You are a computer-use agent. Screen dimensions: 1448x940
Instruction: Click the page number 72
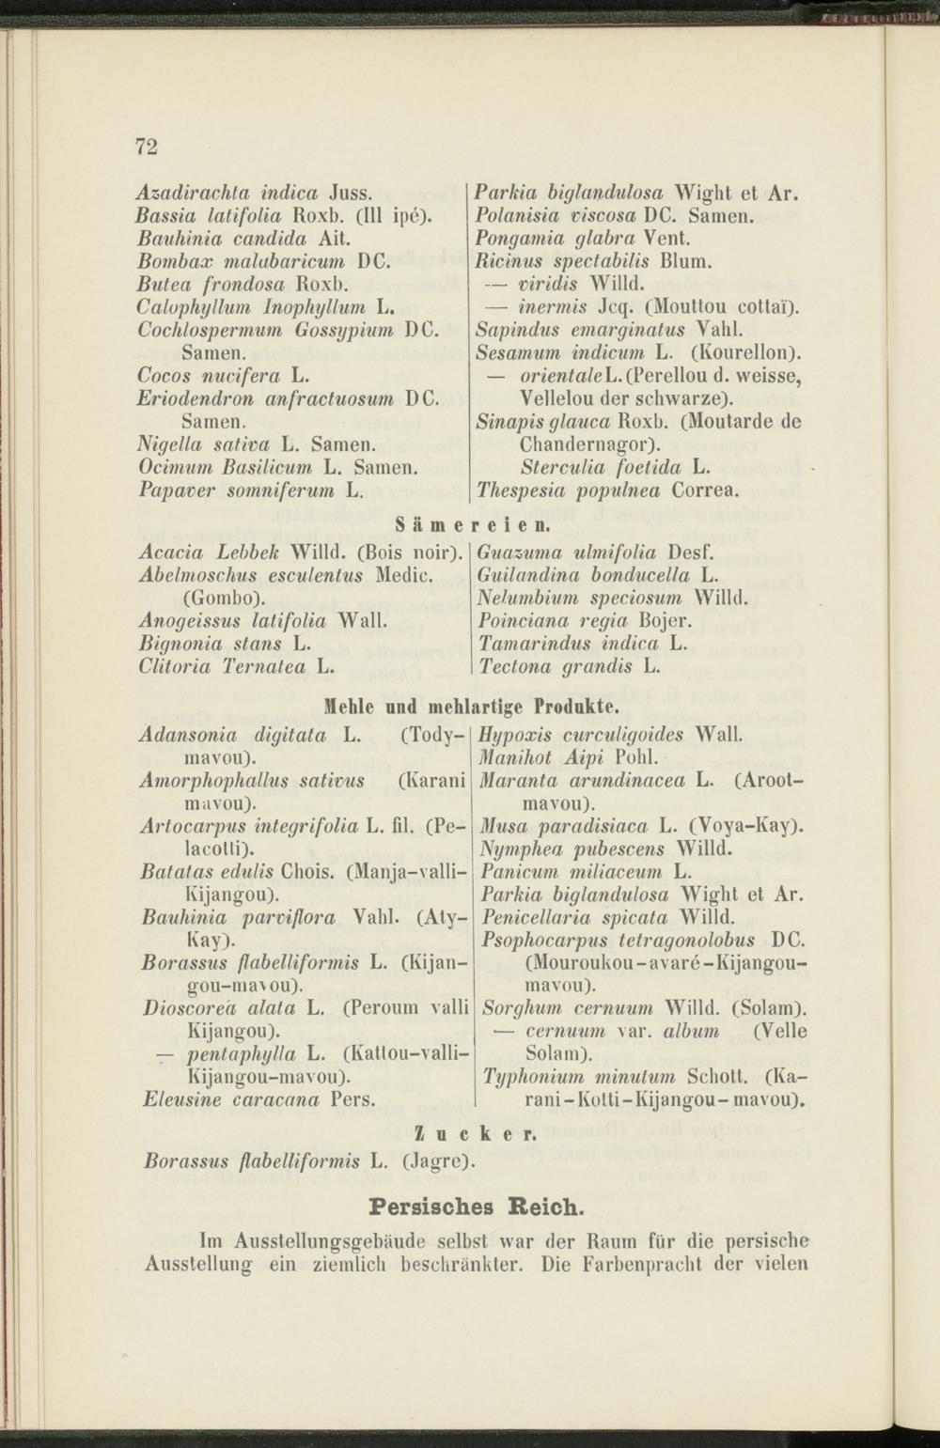[147, 146]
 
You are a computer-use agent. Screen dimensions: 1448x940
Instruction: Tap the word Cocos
[163, 376]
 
